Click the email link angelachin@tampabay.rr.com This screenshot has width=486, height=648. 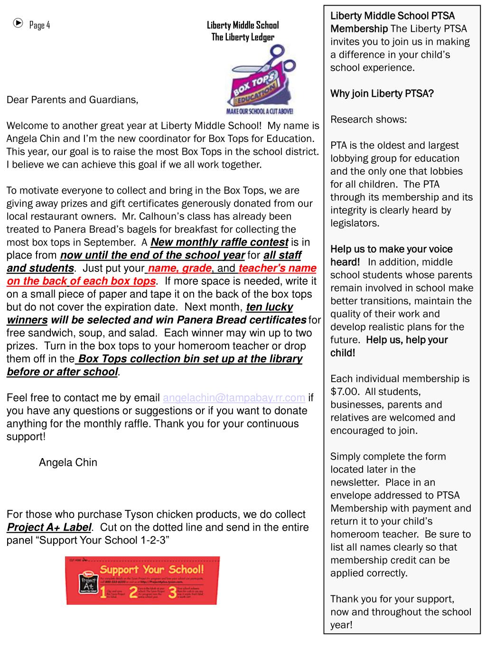pyautogui.click(x=234, y=398)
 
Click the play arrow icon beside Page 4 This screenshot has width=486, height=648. pyautogui.click(x=18, y=23)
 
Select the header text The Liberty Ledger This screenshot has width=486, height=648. pyautogui.click(x=243, y=37)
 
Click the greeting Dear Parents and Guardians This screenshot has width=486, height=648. pyautogui.click(x=72, y=100)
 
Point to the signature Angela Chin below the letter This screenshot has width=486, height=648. pyautogui.click(x=68, y=462)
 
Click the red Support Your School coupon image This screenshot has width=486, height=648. pyautogui.click(x=142, y=580)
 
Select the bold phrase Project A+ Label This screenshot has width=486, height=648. pyautogui.click(x=48, y=527)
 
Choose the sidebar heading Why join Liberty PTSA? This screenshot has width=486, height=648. pyautogui.click(x=382, y=94)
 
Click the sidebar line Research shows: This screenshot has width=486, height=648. pyautogui.click(x=368, y=119)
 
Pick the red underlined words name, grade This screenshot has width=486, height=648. pyautogui.click(x=179, y=268)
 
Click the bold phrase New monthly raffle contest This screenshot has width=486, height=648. pyautogui.click(x=219, y=243)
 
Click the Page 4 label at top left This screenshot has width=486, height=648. pyautogui.click(x=39, y=25)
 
